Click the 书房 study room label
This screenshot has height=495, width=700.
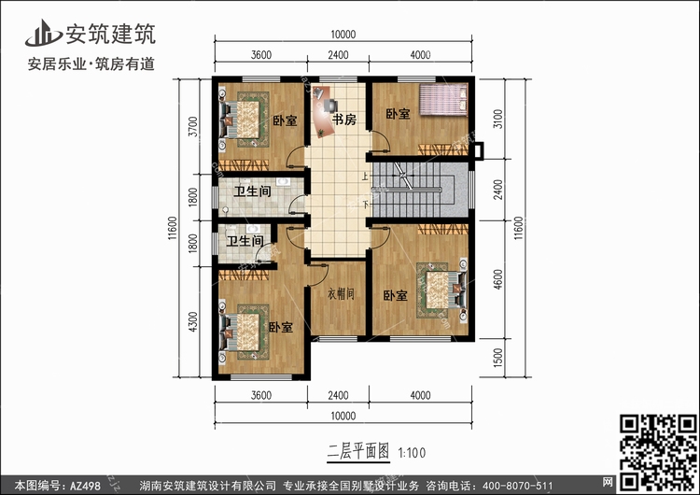pos(344,120)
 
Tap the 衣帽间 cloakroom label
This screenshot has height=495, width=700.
pos(341,293)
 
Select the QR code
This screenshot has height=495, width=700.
pos(659,452)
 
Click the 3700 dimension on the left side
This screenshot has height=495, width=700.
pos(193,126)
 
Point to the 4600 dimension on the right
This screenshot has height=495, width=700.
pos(498,278)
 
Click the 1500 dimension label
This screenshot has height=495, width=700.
pos(498,358)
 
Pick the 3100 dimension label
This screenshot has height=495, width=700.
pos(498,119)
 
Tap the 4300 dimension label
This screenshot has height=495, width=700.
pos(193,321)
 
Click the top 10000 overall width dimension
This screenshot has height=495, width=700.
pos(343,35)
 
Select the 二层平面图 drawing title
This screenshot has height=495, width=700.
pos(358,452)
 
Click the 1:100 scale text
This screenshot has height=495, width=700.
pos(412,453)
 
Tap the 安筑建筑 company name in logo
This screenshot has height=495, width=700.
pos(111,34)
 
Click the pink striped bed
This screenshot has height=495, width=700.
pos(442,100)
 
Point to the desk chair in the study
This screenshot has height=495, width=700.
pos(330,106)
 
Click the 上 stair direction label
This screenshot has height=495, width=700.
pos(366,177)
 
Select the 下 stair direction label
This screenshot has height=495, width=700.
pos(366,205)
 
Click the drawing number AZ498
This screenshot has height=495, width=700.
pos(85,486)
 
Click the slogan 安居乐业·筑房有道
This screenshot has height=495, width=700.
pos(91,64)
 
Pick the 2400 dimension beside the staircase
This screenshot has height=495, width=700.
pos(498,190)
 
